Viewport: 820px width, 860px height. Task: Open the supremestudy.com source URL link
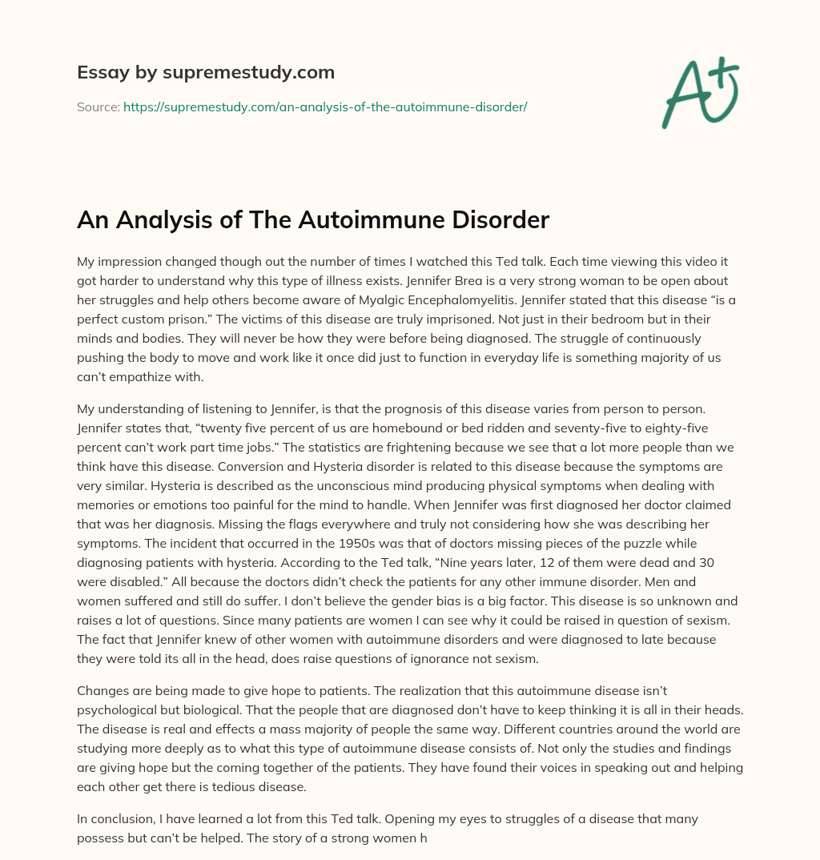pyautogui.click(x=325, y=106)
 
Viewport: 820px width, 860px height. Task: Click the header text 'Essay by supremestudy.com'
pyautogui.click(x=206, y=73)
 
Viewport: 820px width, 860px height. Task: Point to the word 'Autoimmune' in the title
pyautogui.click(x=352, y=220)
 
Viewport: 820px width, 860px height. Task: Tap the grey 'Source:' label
pyautogui.click(x=98, y=106)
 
